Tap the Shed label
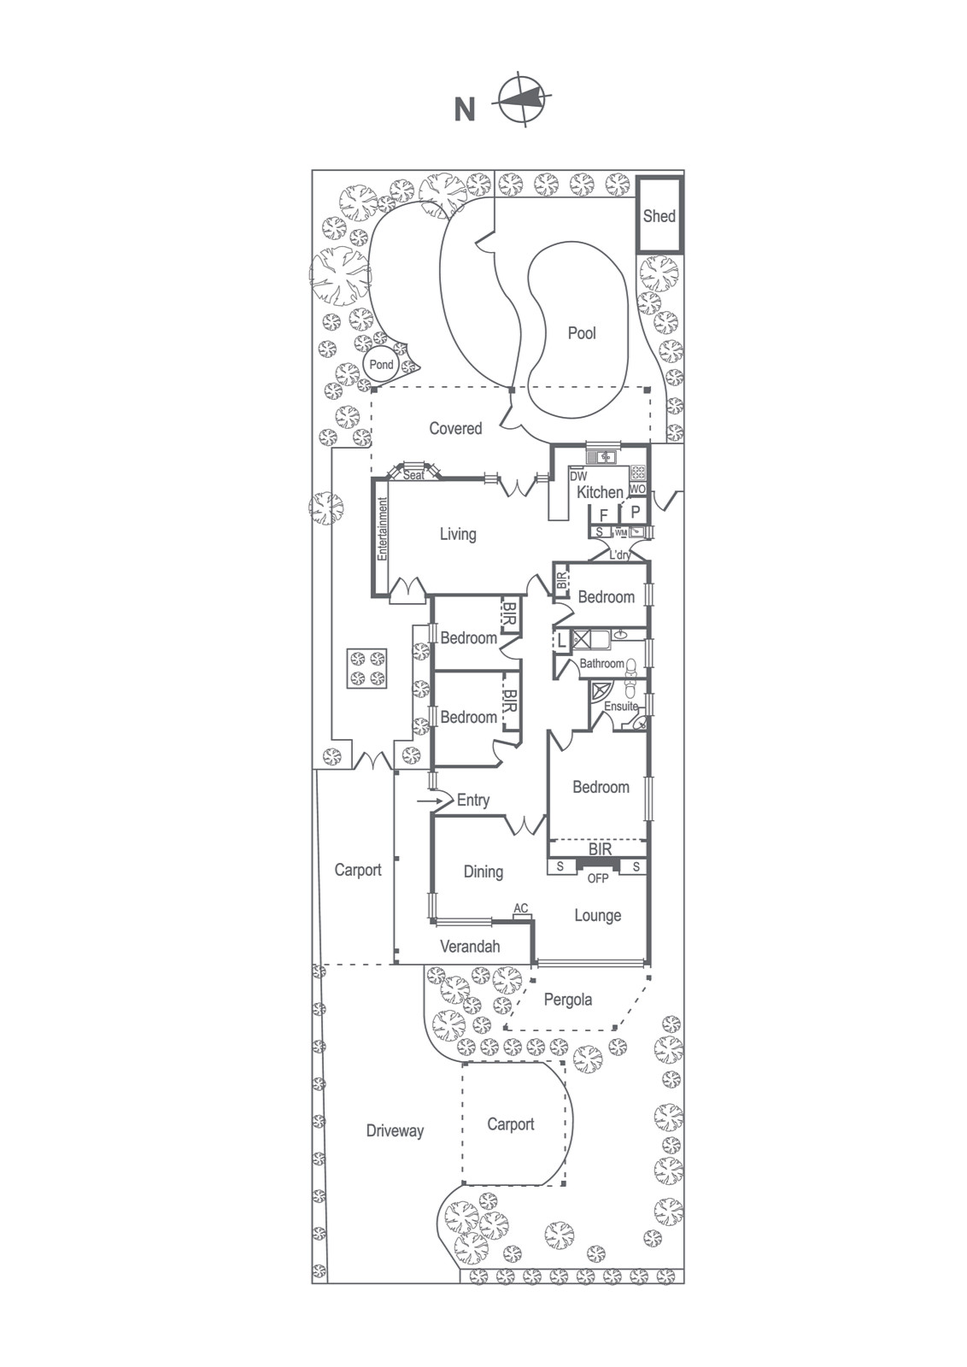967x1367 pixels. point(659,215)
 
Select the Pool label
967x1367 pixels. point(582,332)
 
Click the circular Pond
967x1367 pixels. point(381,365)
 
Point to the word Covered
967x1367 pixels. point(455,428)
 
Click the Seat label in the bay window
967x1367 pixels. point(413,475)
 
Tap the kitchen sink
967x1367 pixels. point(602,456)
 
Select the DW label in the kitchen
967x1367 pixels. point(577,477)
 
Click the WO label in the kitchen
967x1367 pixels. point(637,489)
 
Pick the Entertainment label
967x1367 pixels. point(383,529)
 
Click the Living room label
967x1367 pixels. point(458,535)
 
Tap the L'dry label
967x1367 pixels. point(620,554)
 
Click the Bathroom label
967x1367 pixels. point(601,663)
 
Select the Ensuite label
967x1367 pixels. point(621,706)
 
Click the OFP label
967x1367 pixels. point(597,879)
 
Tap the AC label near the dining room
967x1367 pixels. point(520,909)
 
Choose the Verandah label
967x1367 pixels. point(470,947)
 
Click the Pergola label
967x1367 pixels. point(567,1000)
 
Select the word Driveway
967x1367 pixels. point(395,1131)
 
